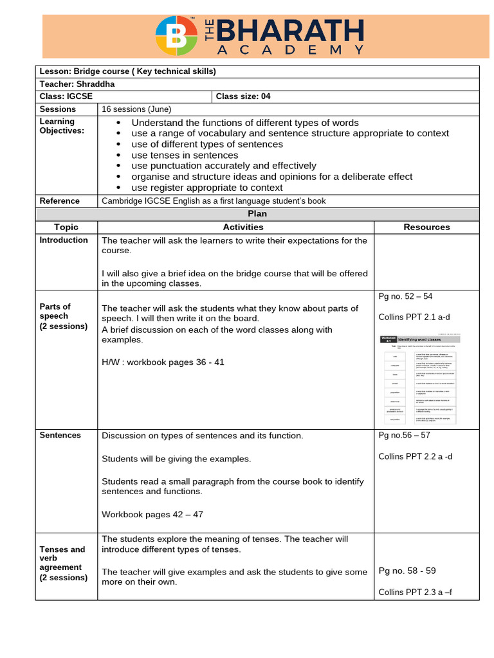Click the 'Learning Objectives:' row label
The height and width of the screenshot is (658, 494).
pyautogui.click(x=57, y=126)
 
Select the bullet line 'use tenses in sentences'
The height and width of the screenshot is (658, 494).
pyautogui.click(x=185, y=155)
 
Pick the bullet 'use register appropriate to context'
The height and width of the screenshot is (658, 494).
pyautogui.click(x=206, y=188)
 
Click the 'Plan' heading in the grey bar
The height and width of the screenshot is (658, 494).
pyautogui.click(x=257, y=213)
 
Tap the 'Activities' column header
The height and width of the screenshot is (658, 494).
pyautogui.click(x=242, y=227)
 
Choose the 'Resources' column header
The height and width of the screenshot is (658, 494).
pyautogui.click(x=426, y=227)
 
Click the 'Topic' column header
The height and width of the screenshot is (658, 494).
pyautogui.click(x=66, y=227)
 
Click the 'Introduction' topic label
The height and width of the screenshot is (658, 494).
pyautogui.click(x=64, y=240)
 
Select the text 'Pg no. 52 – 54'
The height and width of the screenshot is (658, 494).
pyautogui.click(x=406, y=296)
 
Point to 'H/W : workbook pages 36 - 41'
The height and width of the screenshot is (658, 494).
pyautogui.click(x=163, y=362)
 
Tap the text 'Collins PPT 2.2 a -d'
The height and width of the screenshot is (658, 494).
pyautogui.click(x=416, y=456)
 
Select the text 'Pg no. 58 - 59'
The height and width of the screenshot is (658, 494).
pyautogui.click(x=407, y=571)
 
